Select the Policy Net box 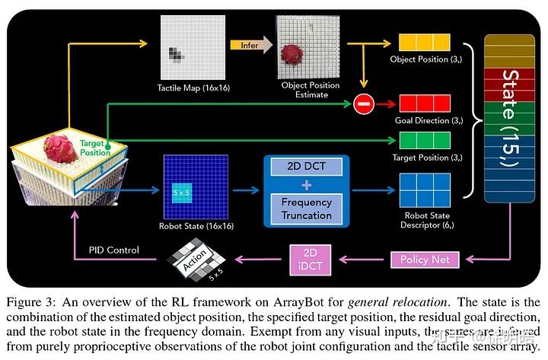click(425, 259)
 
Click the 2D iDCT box click(310, 259)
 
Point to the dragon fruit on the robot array click(60, 149)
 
